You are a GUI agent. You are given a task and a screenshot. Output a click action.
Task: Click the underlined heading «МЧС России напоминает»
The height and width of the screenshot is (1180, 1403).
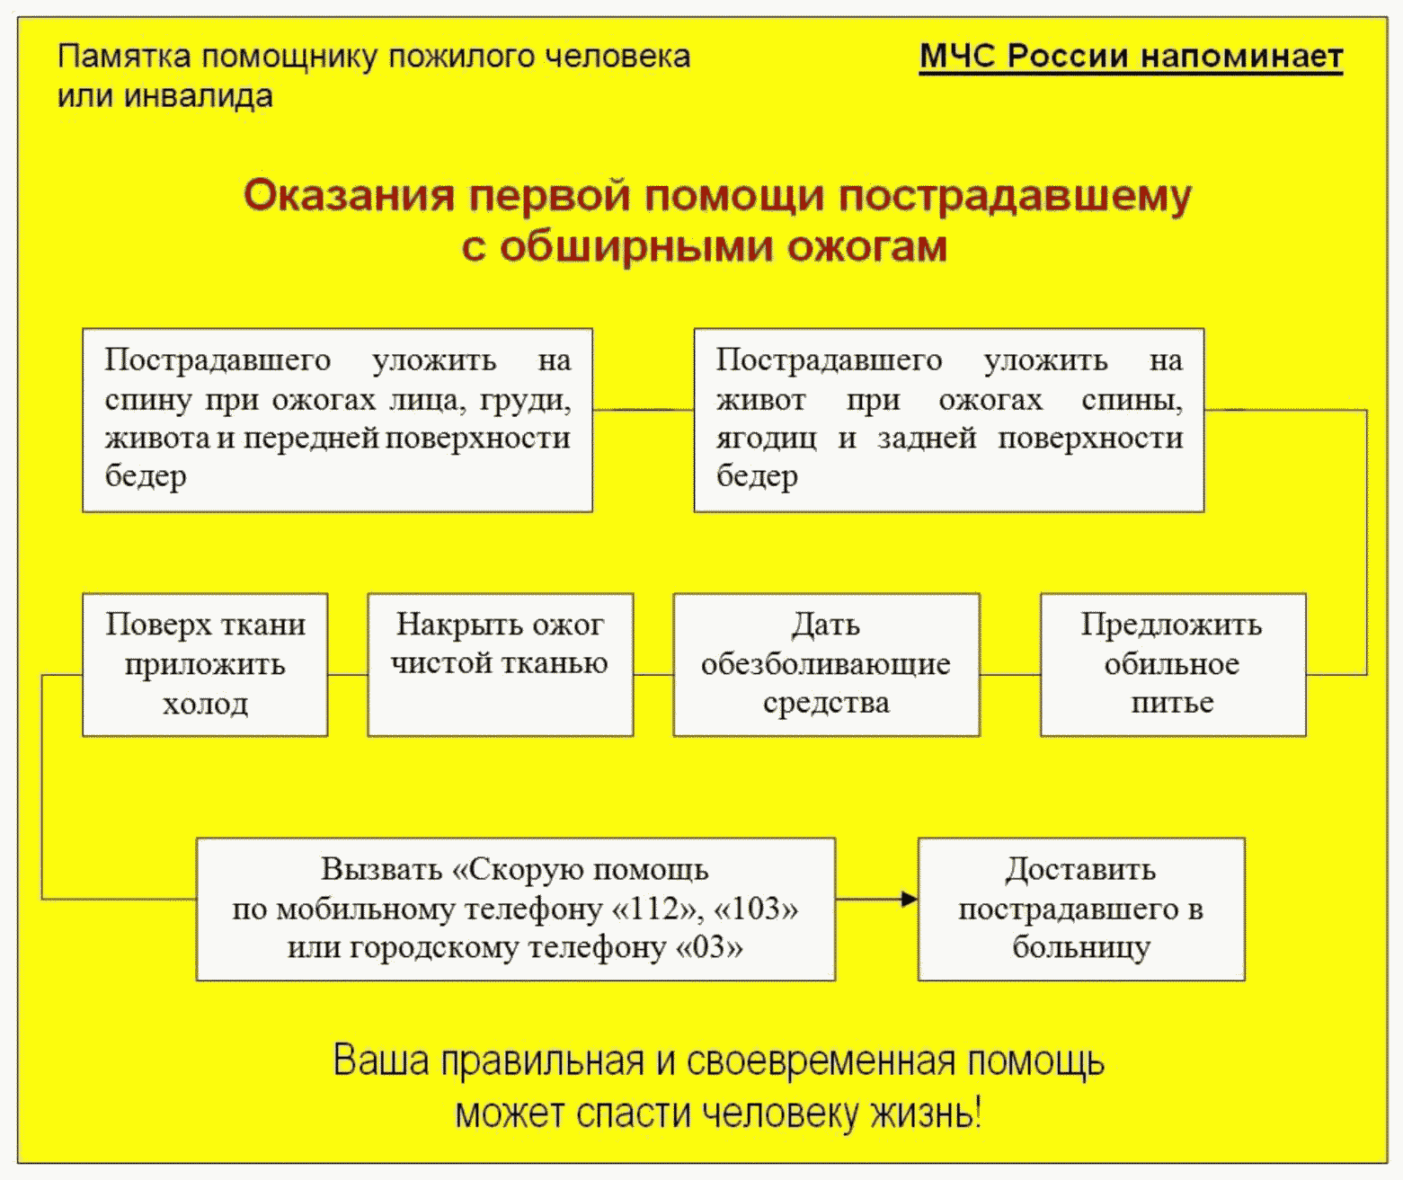pos(1131,56)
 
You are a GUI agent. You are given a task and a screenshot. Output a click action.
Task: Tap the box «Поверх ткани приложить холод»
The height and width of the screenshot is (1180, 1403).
pos(205,664)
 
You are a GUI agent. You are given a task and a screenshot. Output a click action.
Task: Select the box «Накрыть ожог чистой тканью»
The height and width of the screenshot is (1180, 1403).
pos(500,664)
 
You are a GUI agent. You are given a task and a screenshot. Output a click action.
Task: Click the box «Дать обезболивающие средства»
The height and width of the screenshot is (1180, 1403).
pos(826,664)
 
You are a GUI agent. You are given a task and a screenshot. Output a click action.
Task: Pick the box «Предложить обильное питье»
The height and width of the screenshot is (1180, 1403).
pos(1172,664)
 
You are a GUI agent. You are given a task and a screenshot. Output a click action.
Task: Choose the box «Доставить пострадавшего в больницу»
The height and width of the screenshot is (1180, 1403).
pos(1080,909)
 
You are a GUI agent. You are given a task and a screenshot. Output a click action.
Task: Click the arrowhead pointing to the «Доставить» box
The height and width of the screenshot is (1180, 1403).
pos(910,899)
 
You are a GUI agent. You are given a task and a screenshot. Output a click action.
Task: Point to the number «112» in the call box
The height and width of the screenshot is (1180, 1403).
pos(657,909)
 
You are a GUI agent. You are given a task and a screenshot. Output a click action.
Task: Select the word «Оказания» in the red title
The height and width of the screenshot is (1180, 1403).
pos(349,195)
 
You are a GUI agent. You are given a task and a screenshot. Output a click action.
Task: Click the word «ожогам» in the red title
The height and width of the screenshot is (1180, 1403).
pos(867,246)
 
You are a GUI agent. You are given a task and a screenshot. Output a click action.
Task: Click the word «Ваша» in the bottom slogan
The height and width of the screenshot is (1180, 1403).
pos(381,1060)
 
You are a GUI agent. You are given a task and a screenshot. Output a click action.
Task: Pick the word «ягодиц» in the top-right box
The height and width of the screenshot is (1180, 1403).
pos(766,438)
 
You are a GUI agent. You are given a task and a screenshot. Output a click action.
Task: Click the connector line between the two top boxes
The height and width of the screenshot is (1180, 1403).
pos(643,410)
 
